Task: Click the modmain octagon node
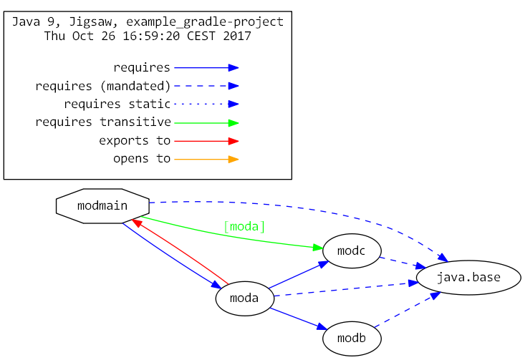click(102, 206)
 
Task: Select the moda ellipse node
click(245, 298)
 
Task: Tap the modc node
click(351, 251)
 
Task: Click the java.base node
click(468, 277)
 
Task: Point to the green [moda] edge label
click(244, 227)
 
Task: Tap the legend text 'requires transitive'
click(103, 122)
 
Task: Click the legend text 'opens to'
click(142, 159)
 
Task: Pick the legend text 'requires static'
click(117, 104)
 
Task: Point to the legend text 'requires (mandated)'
click(103, 87)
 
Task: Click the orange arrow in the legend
click(206, 159)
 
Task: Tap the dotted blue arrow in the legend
click(206, 104)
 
